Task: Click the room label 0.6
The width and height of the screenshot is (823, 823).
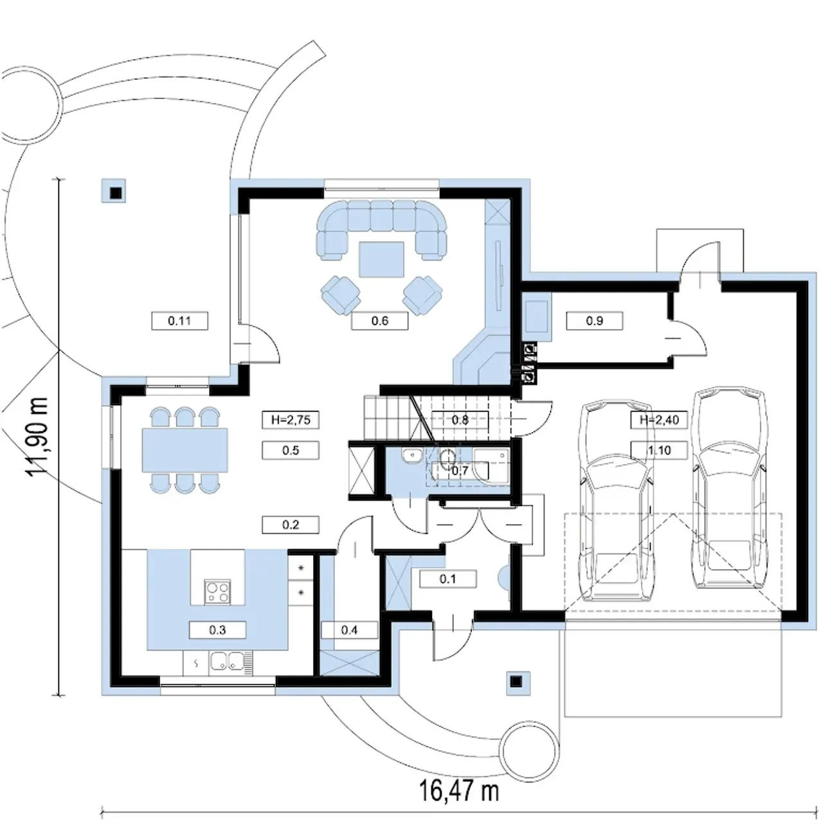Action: (379, 321)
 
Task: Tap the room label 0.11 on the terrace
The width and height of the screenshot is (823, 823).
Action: (179, 321)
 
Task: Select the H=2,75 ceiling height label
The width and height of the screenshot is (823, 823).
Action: (291, 420)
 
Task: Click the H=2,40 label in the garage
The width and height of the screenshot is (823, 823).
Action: (660, 420)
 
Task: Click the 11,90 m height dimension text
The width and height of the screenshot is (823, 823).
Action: (36, 437)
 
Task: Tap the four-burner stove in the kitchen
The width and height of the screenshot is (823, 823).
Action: (218, 592)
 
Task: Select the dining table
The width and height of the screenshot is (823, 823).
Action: (185, 450)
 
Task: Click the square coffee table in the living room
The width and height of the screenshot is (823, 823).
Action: (381, 259)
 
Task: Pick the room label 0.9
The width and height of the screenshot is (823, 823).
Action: (594, 321)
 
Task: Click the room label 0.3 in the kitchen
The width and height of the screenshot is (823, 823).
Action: (217, 630)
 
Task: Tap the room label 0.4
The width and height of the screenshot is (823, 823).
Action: (349, 630)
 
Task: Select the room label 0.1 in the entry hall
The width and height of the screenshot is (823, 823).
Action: (448, 579)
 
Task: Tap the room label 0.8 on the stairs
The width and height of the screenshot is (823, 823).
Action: (460, 420)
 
